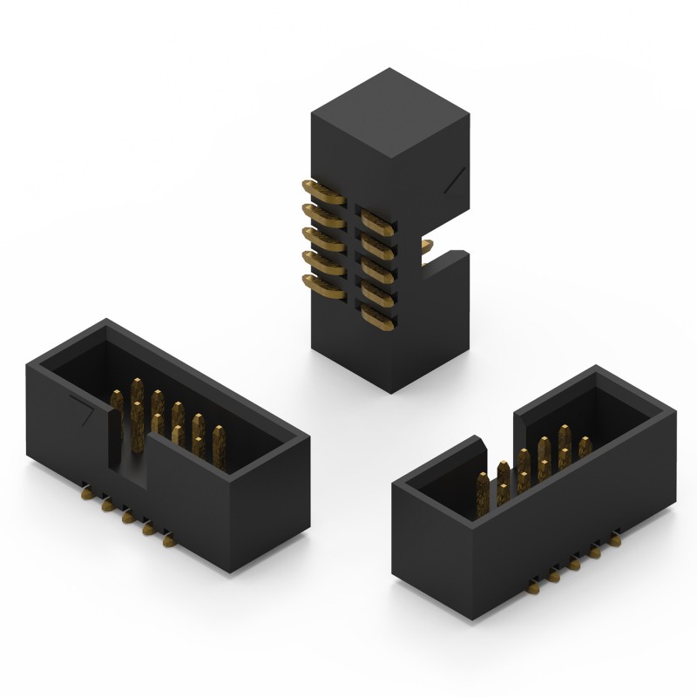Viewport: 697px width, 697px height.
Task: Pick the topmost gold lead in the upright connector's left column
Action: tap(315, 189)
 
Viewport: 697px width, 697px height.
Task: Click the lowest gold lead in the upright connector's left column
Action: tap(315, 283)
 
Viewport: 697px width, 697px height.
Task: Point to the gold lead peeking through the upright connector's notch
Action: tap(428, 249)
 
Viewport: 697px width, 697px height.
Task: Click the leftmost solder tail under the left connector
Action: tap(87, 494)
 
